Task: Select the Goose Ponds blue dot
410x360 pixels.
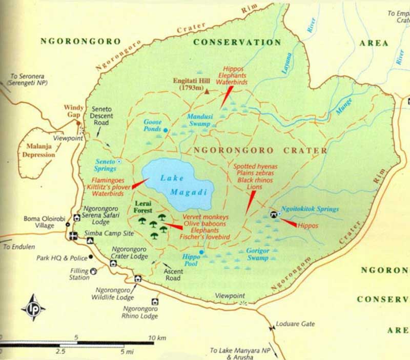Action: (166, 130)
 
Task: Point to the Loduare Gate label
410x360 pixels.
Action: (296, 324)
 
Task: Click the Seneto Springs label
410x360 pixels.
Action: (105, 165)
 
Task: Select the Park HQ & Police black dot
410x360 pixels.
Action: (90, 256)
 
